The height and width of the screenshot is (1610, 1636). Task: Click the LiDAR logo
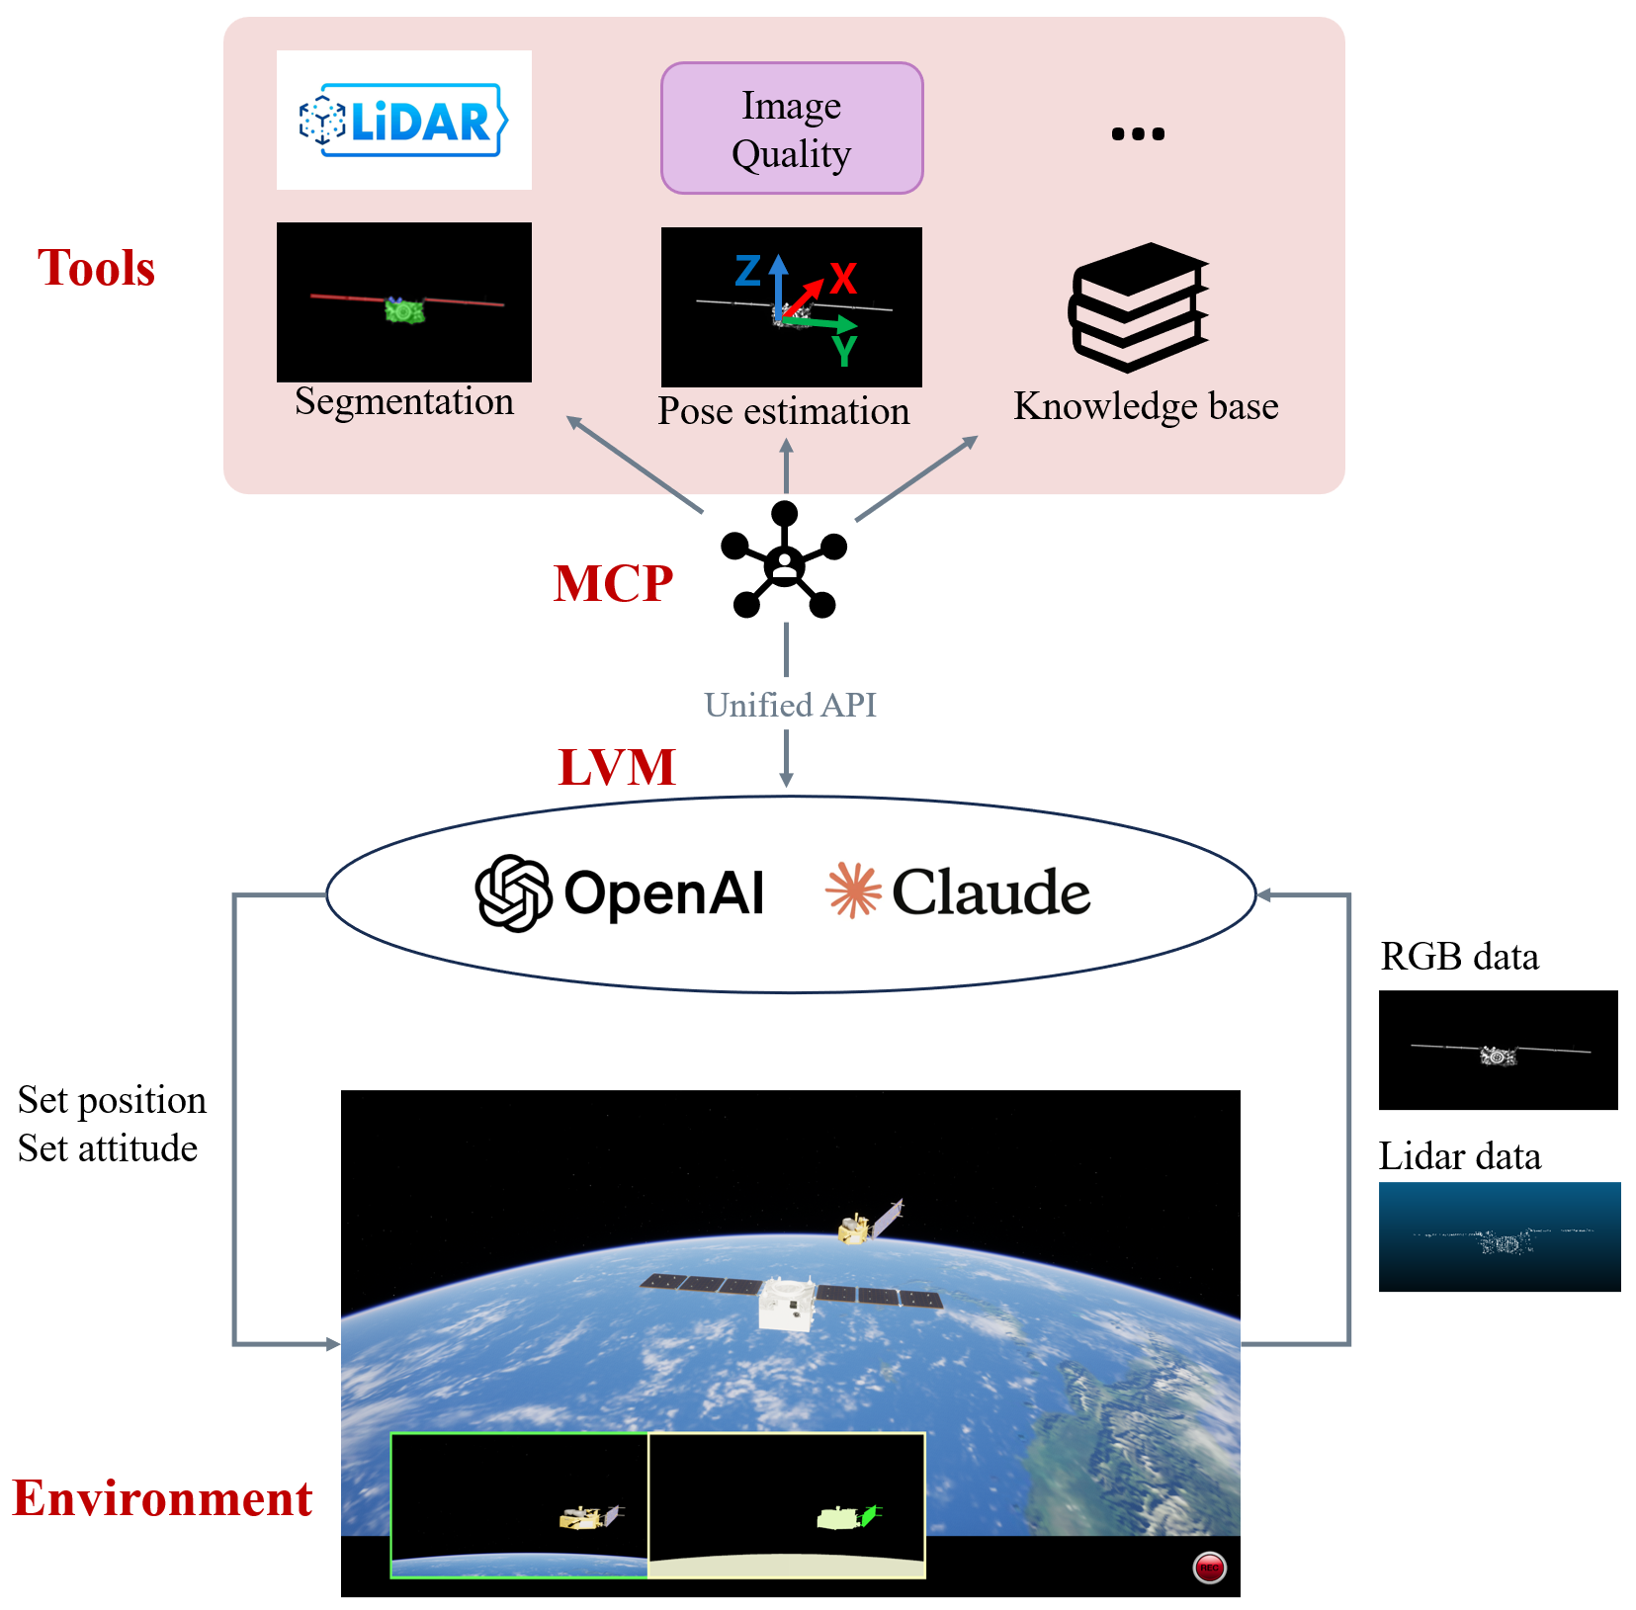pos(403,121)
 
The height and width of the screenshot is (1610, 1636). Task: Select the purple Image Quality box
pos(791,128)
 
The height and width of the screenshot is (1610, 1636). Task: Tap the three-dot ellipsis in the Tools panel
pos(1138,133)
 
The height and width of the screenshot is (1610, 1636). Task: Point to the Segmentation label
pos(403,401)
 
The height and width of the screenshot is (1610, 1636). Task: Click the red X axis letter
pos(842,279)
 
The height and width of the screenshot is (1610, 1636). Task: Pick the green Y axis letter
pos(843,351)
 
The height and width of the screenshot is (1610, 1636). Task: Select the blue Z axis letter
pos(748,271)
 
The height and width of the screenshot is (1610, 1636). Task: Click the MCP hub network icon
pos(784,560)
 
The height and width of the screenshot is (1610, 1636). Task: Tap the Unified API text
pos(790,705)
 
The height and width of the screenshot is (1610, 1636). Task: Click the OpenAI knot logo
pos(513,892)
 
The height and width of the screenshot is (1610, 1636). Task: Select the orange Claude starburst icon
pos(852,890)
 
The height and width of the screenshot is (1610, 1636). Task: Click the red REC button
pos(1209,1568)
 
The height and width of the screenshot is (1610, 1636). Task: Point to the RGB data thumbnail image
pos(1498,1050)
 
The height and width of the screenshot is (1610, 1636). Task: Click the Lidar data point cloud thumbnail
pos(1499,1236)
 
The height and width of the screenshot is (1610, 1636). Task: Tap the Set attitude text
pos(107,1148)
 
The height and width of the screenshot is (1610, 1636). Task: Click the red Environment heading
pos(162,1498)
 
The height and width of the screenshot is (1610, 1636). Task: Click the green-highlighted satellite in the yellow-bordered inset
pos(846,1516)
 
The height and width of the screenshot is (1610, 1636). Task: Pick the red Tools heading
pos(96,268)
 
